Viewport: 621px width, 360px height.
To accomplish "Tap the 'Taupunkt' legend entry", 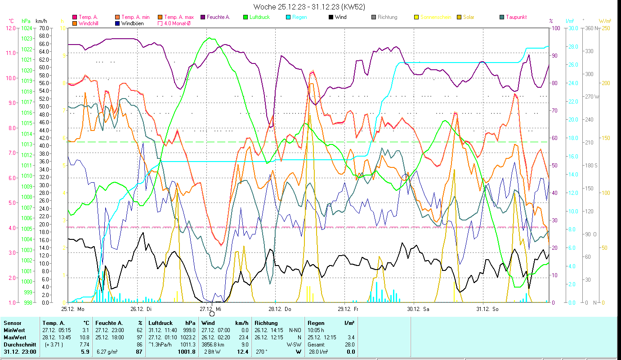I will [x=516, y=17].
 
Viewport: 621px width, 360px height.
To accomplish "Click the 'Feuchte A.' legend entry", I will [x=218, y=17].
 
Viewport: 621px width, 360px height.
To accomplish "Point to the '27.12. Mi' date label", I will [x=210, y=309].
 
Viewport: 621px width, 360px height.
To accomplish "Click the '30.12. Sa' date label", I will [x=418, y=309].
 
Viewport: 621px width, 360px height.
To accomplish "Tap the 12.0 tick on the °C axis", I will [x=10, y=28].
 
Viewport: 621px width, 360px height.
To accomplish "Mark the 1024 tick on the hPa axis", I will [x=27, y=28].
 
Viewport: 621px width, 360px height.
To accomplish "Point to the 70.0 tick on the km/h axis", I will [x=44, y=28].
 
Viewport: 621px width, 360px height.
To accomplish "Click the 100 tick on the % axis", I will [x=556, y=28].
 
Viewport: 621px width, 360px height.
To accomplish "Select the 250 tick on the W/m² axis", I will [x=605, y=28].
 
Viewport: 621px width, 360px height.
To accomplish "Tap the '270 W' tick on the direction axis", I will [x=592, y=97].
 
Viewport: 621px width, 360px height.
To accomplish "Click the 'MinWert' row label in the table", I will [x=14, y=330].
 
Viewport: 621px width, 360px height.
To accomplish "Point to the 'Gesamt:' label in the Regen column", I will [x=316, y=344].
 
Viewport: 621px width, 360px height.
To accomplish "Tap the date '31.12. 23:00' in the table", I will [x=20, y=351].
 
